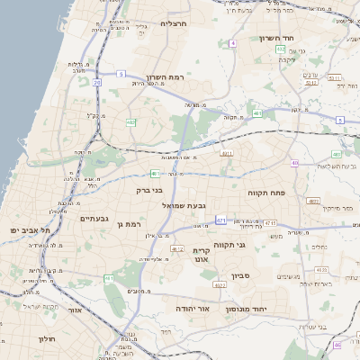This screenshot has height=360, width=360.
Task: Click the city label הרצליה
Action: (x=172, y=23)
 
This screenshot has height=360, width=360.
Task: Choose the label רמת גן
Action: (x=130, y=223)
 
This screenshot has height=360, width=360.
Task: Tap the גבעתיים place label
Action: (x=94, y=218)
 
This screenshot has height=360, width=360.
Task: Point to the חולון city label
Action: (x=47, y=338)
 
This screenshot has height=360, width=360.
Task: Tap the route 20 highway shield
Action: (x=96, y=82)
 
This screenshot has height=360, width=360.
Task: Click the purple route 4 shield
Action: (x=232, y=42)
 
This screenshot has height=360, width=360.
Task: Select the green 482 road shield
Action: (x=131, y=121)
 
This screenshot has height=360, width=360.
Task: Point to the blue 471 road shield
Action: (x=220, y=219)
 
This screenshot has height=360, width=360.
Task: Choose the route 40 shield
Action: (x=294, y=163)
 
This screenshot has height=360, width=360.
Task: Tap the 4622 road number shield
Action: (x=219, y=284)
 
